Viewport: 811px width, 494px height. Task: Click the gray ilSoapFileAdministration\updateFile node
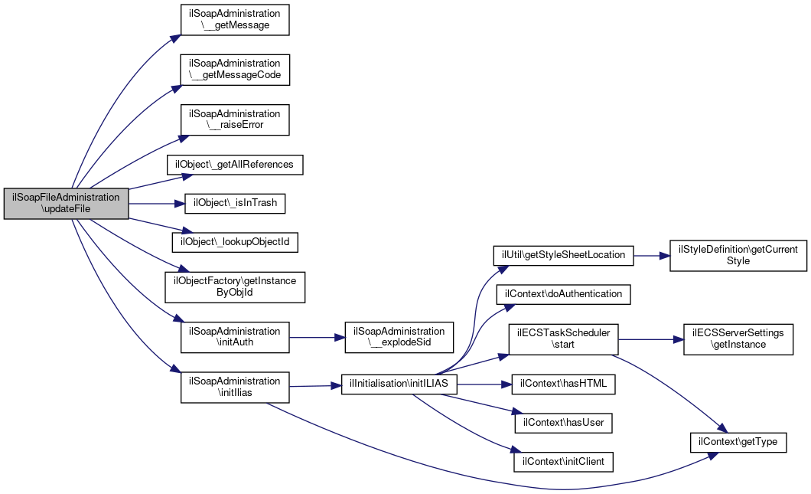click(x=67, y=204)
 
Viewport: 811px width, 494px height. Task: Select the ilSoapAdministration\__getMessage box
click(x=235, y=20)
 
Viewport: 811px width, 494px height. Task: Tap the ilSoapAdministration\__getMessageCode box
click(x=235, y=70)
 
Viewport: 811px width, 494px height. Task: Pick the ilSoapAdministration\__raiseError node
click(x=235, y=119)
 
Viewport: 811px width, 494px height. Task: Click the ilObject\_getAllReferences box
click(x=235, y=165)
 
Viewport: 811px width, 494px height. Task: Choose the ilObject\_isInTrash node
click(x=235, y=204)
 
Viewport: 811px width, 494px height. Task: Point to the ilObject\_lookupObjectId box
click(x=235, y=242)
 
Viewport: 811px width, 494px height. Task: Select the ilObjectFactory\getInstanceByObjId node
click(x=235, y=287)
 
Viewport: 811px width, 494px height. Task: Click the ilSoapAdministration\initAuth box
click(x=235, y=337)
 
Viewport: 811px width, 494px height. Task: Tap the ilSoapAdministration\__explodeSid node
click(x=399, y=337)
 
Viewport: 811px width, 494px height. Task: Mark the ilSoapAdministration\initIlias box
click(x=235, y=387)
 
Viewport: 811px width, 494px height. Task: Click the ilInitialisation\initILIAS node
click(x=399, y=384)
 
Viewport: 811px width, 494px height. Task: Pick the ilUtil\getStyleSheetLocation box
click(x=563, y=255)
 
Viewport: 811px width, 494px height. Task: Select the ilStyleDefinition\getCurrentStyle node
click(x=738, y=255)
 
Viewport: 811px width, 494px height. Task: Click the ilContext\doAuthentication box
click(x=563, y=294)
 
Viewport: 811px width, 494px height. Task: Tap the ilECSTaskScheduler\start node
click(x=563, y=340)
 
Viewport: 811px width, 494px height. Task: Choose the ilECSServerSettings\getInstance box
click(x=738, y=340)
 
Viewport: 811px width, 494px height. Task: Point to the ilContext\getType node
click(x=738, y=442)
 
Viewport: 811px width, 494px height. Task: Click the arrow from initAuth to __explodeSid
click(x=317, y=338)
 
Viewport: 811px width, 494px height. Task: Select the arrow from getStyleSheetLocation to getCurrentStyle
click(x=652, y=256)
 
